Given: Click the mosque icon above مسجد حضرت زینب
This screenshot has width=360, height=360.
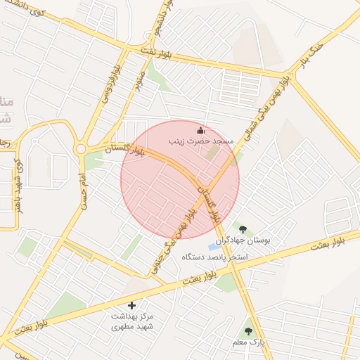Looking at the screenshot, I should [x=201, y=130].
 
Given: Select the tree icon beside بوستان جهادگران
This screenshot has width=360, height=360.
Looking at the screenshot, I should [x=243, y=230].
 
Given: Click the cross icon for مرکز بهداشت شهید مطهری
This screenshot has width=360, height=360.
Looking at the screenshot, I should [x=131, y=305].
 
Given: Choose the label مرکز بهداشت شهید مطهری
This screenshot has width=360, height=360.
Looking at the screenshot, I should [x=131, y=322].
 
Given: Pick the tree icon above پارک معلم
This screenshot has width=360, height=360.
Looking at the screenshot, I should [x=247, y=330].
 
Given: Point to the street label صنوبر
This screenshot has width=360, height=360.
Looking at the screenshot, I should [x=138, y=79].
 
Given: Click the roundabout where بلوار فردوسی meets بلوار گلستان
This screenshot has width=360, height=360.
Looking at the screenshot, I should [x=80, y=149].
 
